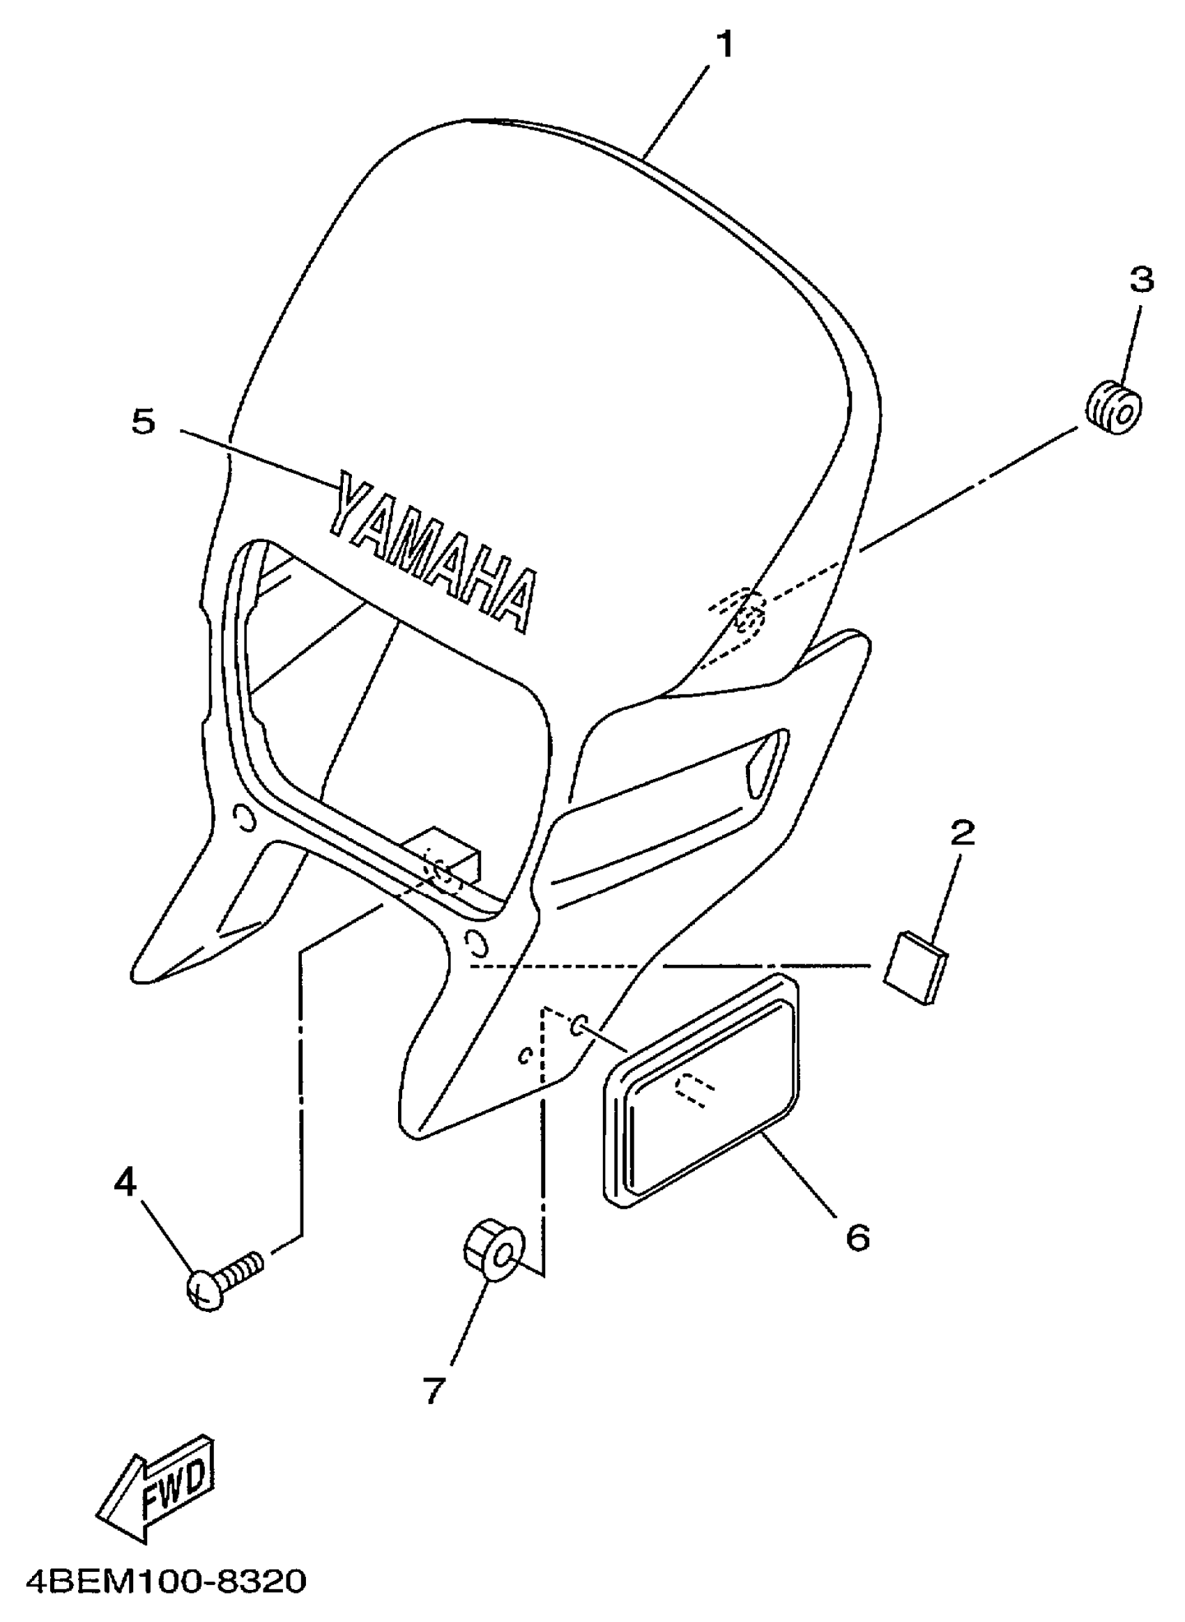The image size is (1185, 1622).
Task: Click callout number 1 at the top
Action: pyautogui.click(x=725, y=45)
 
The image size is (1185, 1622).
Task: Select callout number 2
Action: pyautogui.click(x=962, y=833)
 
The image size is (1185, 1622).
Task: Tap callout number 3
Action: pyautogui.click(x=1141, y=279)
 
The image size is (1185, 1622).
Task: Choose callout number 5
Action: pyautogui.click(x=144, y=422)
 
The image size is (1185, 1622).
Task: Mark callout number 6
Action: pyautogui.click(x=857, y=1237)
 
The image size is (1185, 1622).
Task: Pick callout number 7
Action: pyautogui.click(x=434, y=1391)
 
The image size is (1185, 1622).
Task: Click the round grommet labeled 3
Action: pyautogui.click(x=1113, y=410)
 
